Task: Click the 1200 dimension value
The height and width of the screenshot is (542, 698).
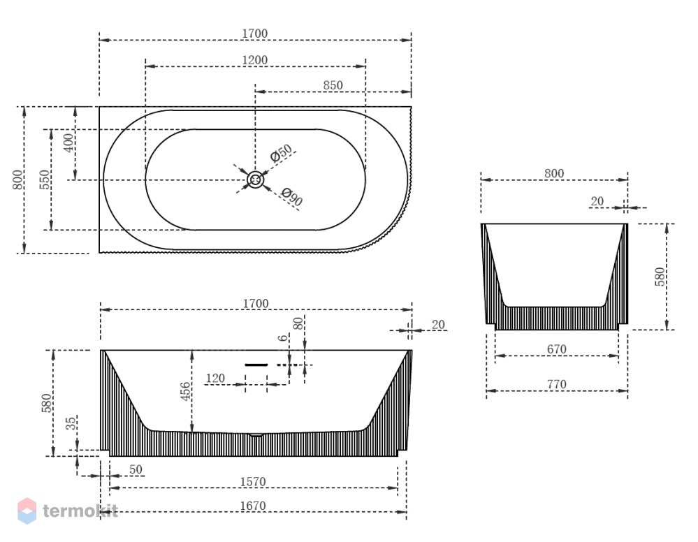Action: tap(255, 60)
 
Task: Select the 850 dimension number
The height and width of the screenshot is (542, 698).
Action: tap(333, 85)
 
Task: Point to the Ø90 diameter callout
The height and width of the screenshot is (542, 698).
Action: tap(292, 197)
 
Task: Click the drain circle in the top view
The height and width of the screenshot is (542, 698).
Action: tap(256, 180)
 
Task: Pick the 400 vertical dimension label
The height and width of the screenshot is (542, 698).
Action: tap(69, 143)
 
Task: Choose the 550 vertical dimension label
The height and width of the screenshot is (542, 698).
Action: tap(45, 180)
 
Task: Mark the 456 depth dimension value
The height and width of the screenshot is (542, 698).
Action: tap(185, 392)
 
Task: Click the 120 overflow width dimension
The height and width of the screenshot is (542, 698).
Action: tap(215, 379)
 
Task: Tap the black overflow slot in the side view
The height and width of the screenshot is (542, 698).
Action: tap(256, 365)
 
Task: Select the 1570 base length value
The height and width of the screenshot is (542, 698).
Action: tap(253, 482)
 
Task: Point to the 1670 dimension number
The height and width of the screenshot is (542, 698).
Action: tap(253, 506)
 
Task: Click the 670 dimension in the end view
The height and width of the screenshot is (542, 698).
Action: tap(557, 349)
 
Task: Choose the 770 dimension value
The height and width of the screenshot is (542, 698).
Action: tap(557, 384)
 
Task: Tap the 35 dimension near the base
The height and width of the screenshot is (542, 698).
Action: tap(71, 423)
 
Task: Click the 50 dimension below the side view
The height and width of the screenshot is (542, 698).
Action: tap(136, 469)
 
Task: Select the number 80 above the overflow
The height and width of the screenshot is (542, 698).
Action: tap(299, 323)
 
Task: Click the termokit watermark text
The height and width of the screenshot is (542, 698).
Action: tap(80, 511)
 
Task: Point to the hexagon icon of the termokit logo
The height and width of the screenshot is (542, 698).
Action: tap(27, 511)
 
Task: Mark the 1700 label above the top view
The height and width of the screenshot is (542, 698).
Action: tap(255, 34)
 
